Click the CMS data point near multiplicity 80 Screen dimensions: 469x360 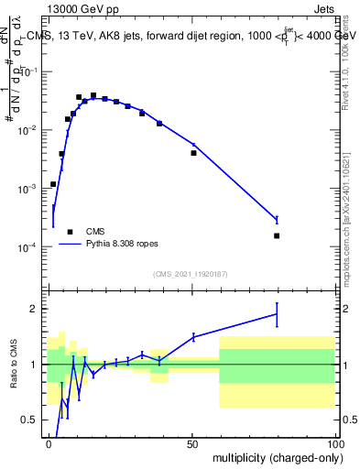coord(277,235)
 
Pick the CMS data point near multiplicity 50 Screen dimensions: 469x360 coord(193,153)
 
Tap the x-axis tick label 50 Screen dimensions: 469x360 coord(192,442)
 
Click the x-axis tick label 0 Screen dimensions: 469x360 coord(49,442)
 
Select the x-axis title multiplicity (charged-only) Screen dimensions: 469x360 coord(274,456)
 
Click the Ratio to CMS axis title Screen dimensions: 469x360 coord(13,365)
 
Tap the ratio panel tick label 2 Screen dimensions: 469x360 coord(34,309)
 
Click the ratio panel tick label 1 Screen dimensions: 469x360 coord(34,365)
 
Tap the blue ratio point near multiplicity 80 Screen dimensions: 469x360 coord(277,314)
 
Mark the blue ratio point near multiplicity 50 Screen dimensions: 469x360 coord(193,337)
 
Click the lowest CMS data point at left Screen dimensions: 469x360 coord(53,184)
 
